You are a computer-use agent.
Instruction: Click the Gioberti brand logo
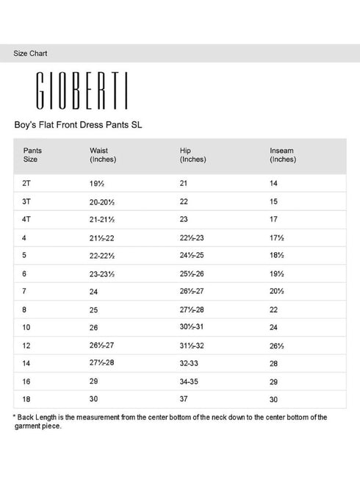[82, 90]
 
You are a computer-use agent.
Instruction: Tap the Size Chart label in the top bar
[31, 54]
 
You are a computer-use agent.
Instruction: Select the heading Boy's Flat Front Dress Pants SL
[78, 125]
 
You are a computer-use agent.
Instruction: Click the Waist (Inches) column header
[103, 154]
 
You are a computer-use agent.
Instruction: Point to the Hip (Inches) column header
[192, 154]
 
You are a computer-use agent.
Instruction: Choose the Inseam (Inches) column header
[283, 154]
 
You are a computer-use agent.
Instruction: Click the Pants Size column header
[32, 154]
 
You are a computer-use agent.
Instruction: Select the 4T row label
[28, 218]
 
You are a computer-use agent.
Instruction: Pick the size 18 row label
[28, 399]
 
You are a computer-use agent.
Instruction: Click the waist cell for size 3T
[104, 201]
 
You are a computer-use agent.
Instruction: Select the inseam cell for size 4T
[274, 218]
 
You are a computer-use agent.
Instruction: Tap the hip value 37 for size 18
[184, 399]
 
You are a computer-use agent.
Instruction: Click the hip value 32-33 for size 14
[190, 363]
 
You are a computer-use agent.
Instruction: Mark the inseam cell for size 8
[274, 309]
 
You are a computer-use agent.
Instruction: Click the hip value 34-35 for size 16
[190, 382]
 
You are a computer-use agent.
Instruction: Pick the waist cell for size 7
[94, 291]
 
